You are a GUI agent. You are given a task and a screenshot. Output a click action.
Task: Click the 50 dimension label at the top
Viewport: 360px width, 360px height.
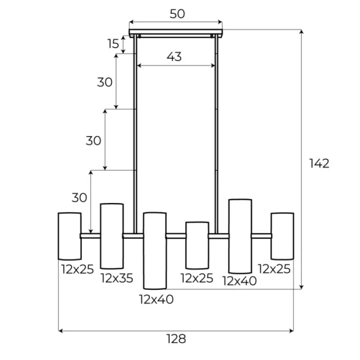click(176, 14)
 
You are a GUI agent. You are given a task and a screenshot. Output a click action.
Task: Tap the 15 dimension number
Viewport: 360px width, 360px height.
click(114, 44)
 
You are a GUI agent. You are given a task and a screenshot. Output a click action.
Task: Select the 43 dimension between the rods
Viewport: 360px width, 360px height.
click(173, 57)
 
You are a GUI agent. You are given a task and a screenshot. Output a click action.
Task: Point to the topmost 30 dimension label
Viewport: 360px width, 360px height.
click(105, 82)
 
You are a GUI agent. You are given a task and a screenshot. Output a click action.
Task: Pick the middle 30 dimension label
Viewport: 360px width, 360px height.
click(94, 140)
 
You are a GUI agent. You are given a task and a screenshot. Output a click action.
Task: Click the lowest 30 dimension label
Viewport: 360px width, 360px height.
click(79, 198)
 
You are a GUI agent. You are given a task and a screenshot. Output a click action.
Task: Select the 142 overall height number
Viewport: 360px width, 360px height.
click(319, 163)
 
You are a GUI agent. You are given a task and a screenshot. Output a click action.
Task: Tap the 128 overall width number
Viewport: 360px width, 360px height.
click(176, 338)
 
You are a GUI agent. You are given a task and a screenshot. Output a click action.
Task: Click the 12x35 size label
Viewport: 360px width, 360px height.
click(117, 279)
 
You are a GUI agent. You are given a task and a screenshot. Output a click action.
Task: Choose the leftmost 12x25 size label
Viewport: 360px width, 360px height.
click(77, 268)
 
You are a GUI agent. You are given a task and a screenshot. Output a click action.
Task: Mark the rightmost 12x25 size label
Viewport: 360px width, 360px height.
click(274, 268)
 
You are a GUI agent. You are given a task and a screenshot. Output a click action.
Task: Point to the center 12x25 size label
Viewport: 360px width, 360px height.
click(196, 279)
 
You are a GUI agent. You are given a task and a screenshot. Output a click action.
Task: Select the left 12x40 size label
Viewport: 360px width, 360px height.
click(155, 300)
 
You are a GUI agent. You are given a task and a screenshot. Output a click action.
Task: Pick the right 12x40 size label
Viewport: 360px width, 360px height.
click(239, 281)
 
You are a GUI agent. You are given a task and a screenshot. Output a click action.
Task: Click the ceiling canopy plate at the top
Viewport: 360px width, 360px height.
click(176, 32)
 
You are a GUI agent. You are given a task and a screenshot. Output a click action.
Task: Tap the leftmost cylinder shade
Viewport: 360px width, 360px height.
click(69, 236)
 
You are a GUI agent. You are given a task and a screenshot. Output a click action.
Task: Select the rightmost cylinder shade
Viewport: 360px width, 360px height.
click(282, 236)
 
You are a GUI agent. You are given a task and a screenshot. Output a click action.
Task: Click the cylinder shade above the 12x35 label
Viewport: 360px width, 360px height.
click(111, 236)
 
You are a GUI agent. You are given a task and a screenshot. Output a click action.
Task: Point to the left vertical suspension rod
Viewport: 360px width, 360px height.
click(135, 124)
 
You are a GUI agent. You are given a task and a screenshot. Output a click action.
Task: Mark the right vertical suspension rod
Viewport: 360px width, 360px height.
click(217, 124)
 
